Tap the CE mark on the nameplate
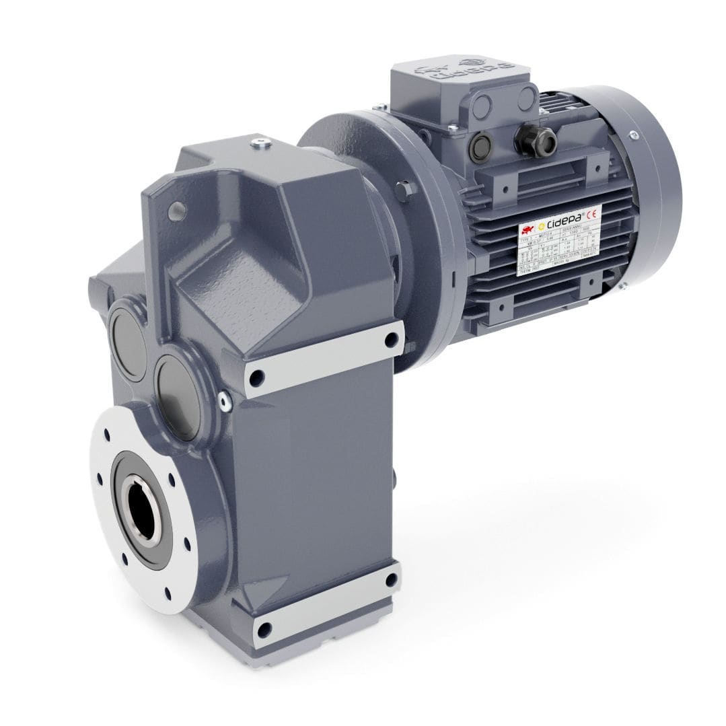592,215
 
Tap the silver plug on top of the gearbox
260,143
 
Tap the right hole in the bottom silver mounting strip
391,581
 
